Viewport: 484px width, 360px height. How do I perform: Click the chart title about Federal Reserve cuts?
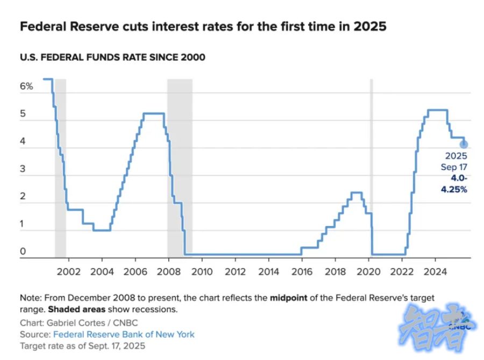(x=203, y=26)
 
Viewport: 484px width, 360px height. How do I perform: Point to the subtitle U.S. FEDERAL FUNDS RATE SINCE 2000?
(x=112, y=57)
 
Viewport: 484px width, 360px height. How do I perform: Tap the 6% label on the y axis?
(x=27, y=86)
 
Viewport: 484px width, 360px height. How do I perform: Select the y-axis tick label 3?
(x=23, y=169)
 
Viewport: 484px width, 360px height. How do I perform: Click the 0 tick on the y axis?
(x=23, y=251)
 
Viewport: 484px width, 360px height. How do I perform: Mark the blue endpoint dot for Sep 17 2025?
(x=464, y=144)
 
